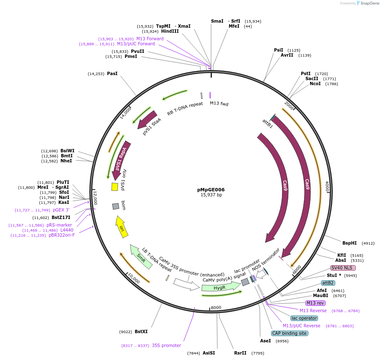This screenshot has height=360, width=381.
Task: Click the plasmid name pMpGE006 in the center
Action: (211, 189)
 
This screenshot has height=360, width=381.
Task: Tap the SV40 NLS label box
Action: (343, 268)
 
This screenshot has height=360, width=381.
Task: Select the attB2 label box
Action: (328, 283)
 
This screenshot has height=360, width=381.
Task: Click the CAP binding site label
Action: (290, 333)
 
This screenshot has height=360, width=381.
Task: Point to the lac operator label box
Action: (304, 318)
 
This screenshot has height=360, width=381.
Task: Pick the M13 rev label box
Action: (315, 303)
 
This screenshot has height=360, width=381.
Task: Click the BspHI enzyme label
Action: (349, 243)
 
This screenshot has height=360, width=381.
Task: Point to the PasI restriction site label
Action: (112, 73)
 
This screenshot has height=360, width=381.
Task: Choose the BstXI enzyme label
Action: (141, 331)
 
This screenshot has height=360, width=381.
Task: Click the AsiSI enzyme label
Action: (209, 353)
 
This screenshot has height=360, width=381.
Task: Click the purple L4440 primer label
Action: (67, 230)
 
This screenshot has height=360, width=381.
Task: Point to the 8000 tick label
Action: (216, 308)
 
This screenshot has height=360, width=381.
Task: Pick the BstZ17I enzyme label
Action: (61, 217)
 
